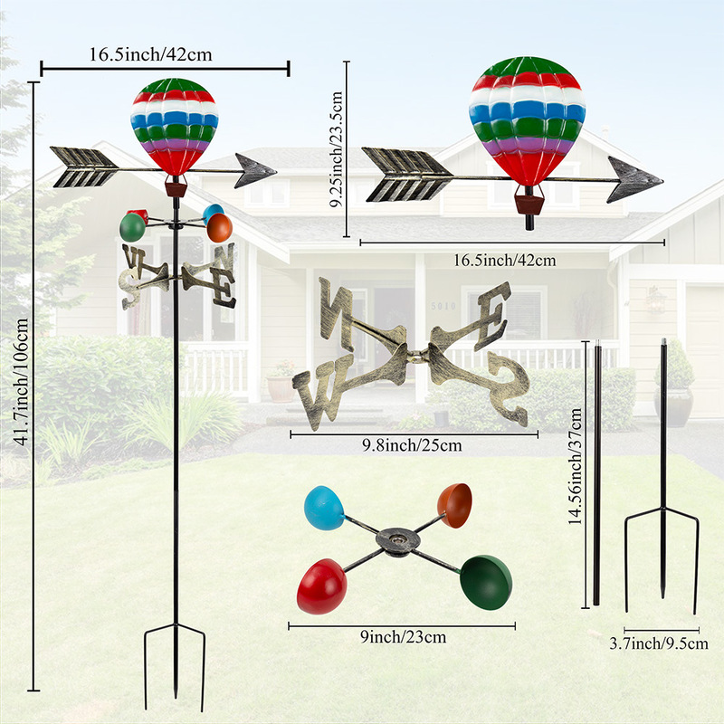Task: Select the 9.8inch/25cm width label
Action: tap(412, 445)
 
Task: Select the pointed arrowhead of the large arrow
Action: tap(633, 180)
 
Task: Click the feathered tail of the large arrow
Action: tap(407, 175)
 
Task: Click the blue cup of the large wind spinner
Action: tap(324, 508)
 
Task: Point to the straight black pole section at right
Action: tap(596, 471)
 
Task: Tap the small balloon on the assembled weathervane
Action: tap(175, 127)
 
